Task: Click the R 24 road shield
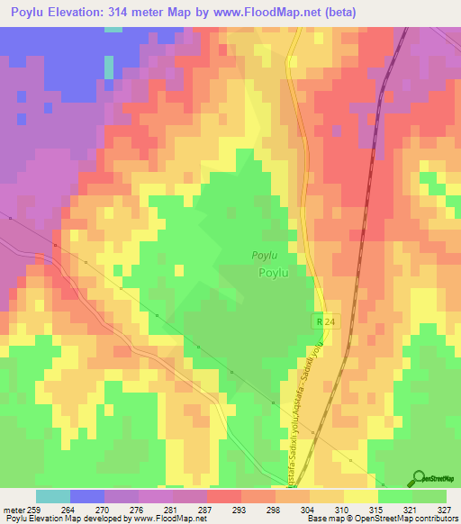[324, 321]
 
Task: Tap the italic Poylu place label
[264, 256]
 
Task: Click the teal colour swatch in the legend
[52, 496]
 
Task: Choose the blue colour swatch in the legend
[86, 496]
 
